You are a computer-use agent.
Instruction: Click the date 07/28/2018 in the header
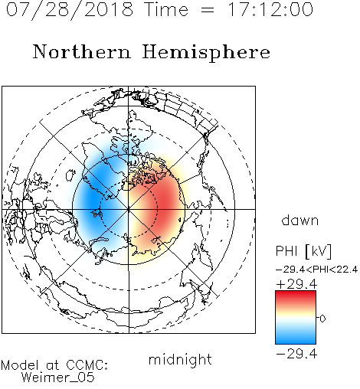pyautogui.click(x=70, y=10)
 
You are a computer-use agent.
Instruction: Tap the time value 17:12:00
pyautogui.click(x=270, y=9)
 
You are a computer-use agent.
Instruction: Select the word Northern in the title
pyautogui.click(x=82, y=51)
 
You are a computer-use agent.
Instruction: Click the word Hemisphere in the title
pyautogui.click(x=206, y=53)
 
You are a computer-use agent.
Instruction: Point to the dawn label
pyautogui.click(x=300, y=221)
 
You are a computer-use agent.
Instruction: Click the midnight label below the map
pyautogui.click(x=180, y=361)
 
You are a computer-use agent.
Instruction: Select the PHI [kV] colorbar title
pyautogui.click(x=303, y=251)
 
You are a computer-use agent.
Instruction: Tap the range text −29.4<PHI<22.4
pyautogui.click(x=316, y=270)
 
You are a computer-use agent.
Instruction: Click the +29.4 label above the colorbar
pyautogui.click(x=296, y=284)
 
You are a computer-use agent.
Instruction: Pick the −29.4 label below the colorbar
pyautogui.click(x=296, y=354)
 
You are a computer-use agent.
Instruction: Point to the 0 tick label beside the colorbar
pyautogui.click(x=322, y=319)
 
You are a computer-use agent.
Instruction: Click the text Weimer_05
pyautogui.click(x=58, y=378)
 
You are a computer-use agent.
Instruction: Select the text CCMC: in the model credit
pyautogui.click(x=87, y=365)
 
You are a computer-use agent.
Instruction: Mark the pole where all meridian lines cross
pyautogui.click(x=129, y=209)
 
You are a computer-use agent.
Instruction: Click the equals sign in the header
pyautogui.click(x=208, y=10)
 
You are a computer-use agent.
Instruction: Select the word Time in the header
pyautogui.click(x=166, y=9)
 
